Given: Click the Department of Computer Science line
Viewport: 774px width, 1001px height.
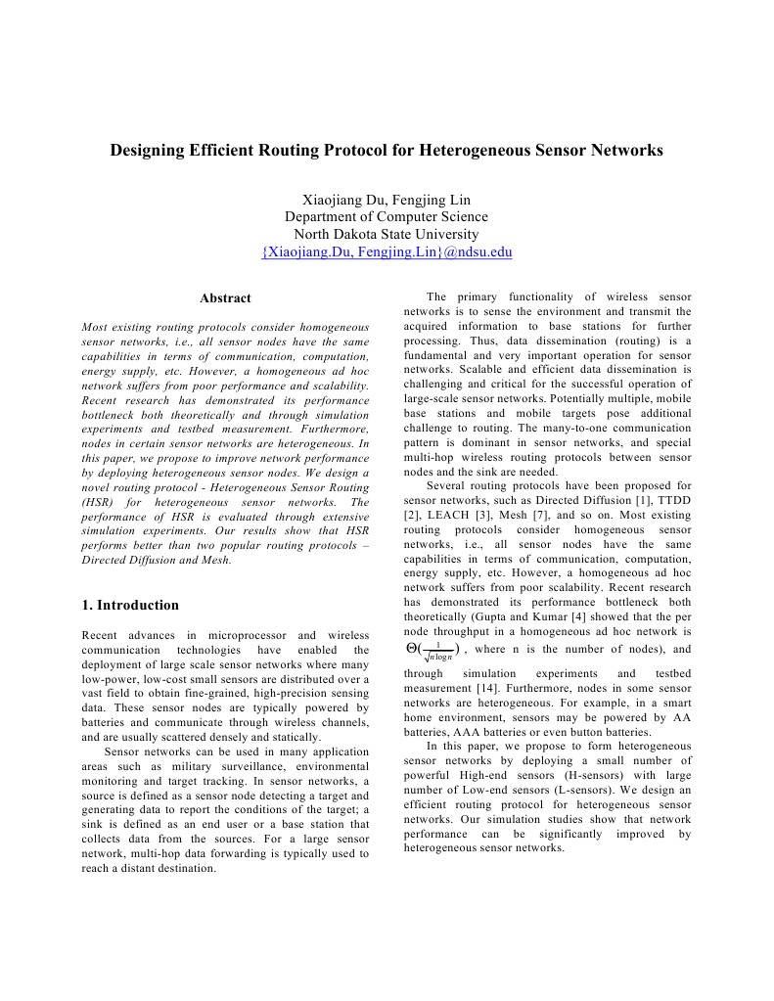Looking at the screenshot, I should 387,216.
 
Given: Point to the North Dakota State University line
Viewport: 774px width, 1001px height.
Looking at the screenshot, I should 387,234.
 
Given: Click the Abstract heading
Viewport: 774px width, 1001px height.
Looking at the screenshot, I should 225,298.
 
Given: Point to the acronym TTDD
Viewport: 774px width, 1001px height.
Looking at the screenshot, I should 671,500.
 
